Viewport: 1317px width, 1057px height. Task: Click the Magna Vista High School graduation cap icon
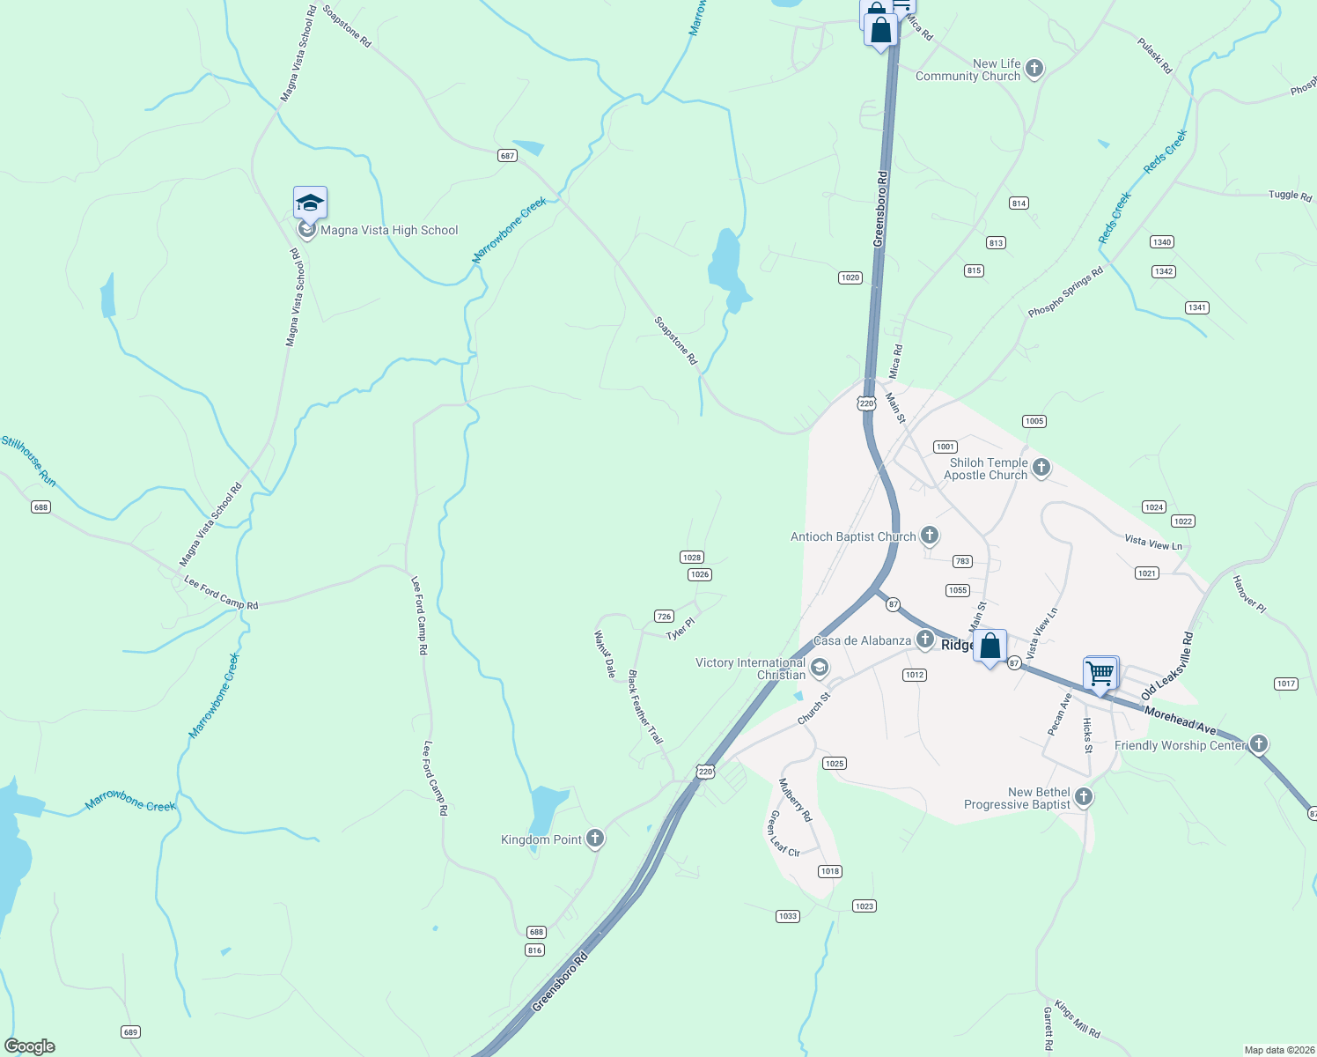[x=310, y=203]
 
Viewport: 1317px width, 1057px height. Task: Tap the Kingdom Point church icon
[x=595, y=839]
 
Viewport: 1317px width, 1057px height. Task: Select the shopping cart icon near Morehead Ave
[x=1100, y=674]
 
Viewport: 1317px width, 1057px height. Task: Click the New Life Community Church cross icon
[x=1034, y=69]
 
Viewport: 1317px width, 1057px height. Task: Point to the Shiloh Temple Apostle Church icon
[x=1041, y=468]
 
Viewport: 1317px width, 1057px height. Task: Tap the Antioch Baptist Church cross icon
[x=929, y=536]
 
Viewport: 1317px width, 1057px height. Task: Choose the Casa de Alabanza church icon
[x=924, y=639]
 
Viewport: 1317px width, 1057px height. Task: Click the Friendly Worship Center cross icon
[x=1259, y=744]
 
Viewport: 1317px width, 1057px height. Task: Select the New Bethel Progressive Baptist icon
[x=1084, y=797]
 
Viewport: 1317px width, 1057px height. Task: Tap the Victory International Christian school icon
[x=820, y=668]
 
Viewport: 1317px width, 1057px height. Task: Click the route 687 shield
[x=507, y=156]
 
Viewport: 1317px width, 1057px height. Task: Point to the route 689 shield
[x=130, y=1031]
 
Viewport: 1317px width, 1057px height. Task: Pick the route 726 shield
[x=664, y=617]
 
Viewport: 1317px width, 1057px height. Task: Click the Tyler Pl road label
[x=681, y=629]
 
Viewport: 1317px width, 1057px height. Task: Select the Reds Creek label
[x=1166, y=152]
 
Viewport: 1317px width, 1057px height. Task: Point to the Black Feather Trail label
[x=645, y=706]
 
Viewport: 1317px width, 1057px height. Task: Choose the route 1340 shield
[x=1162, y=242]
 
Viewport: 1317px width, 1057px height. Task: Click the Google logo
[x=30, y=1046]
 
